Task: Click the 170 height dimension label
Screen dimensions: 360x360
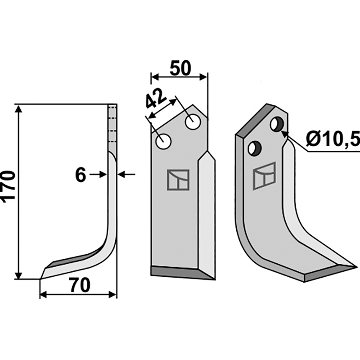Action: point(10,187)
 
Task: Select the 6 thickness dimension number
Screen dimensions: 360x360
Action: point(81,175)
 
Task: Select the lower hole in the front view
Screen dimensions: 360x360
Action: point(163,142)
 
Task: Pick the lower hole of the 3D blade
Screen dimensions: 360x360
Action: point(255,148)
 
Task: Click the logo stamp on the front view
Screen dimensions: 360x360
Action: point(178,180)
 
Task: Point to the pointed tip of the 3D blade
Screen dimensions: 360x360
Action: point(353,267)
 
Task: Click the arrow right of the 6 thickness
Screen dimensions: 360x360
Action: point(125,174)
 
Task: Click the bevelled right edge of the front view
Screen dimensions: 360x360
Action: point(207,211)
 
